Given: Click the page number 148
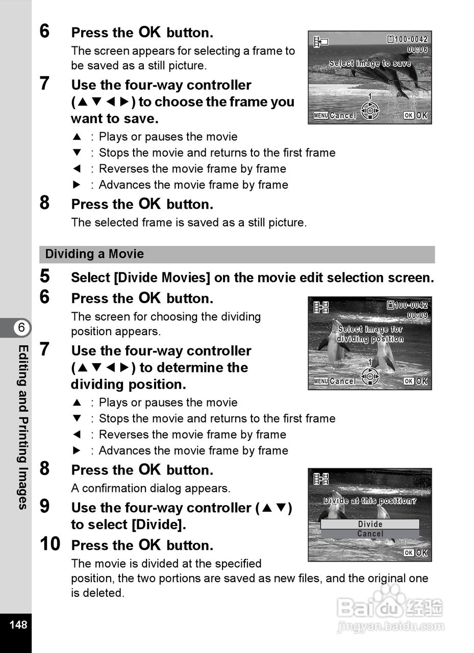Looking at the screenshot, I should (x=18, y=624).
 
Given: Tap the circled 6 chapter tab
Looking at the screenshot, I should (x=21, y=328).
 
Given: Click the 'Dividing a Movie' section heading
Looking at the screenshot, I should (x=94, y=254).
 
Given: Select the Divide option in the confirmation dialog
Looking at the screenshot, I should (x=370, y=524).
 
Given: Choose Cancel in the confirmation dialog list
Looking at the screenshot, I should (x=370, y=534).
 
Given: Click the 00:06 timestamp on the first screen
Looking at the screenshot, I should (x=417, y=49).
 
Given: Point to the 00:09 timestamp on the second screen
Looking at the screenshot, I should (x=417, y=315).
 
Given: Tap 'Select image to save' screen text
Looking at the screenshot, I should (x=370, y=64).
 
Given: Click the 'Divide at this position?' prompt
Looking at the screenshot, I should (x=370, y=501).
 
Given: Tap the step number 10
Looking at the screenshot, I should (x=49, y=544).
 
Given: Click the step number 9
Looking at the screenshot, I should (x=45, y=507).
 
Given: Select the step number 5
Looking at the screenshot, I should (x=45, y=277).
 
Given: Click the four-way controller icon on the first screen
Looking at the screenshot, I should (x=370, y=110).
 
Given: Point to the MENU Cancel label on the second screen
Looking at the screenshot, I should (x=335, y=381).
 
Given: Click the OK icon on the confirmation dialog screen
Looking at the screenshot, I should (x=415, y=553).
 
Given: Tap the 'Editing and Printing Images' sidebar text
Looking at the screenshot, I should (x=22, y=426).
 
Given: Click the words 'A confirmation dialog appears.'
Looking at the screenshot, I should (x=151, y=488).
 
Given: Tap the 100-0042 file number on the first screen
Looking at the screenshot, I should (x=408, y=39).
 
